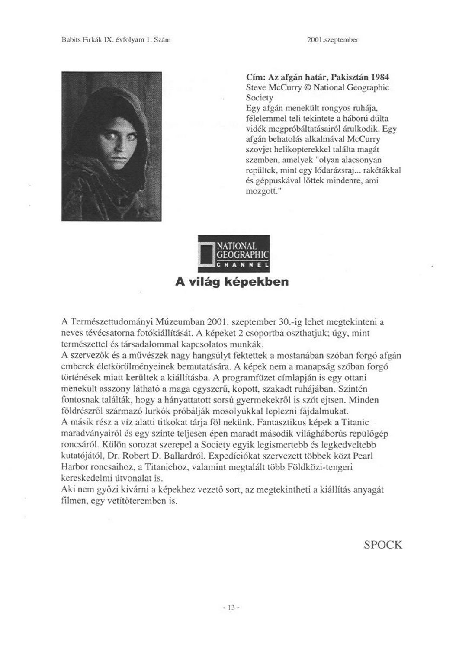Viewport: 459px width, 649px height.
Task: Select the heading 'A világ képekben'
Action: click(231, 282)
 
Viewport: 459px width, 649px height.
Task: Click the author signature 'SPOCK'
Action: click(383, 544)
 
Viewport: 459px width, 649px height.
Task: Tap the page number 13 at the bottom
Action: click(229, 607)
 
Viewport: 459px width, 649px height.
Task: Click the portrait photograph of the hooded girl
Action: click(111, 146)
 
